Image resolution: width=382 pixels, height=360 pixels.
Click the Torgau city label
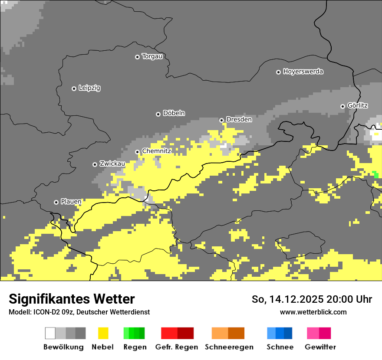pos(152,56)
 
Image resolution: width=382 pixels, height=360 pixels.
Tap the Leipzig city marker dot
pos(74,88)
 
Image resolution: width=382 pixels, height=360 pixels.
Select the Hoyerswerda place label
pos(303,72)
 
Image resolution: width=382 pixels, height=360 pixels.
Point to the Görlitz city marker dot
pos(342,106)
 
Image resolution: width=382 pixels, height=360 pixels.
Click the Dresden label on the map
pos(239,119)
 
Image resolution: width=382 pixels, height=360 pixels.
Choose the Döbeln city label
pos(174,113)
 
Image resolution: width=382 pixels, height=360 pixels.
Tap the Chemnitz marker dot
pos(137,152)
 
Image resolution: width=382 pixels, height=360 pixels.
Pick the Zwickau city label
pos(112,164)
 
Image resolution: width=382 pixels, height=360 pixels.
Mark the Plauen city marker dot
pos(56,202)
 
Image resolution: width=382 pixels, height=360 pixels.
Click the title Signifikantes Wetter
pos(72,299)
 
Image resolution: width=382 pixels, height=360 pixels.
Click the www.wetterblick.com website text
pos(313,312)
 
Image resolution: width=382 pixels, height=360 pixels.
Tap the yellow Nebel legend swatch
pos(103,333)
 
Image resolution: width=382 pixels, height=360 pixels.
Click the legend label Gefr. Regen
pos(176,347)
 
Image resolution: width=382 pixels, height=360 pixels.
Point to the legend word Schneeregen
pos(229,347)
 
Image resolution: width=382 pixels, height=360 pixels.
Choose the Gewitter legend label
pos(320,347)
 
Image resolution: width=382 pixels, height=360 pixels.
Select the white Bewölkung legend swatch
pos(50,333)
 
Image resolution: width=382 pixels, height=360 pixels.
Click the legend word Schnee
pos(280,347)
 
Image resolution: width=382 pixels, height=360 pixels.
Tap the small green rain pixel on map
pos(375,174)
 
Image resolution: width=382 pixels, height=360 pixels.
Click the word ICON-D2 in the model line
pos(44,312)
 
